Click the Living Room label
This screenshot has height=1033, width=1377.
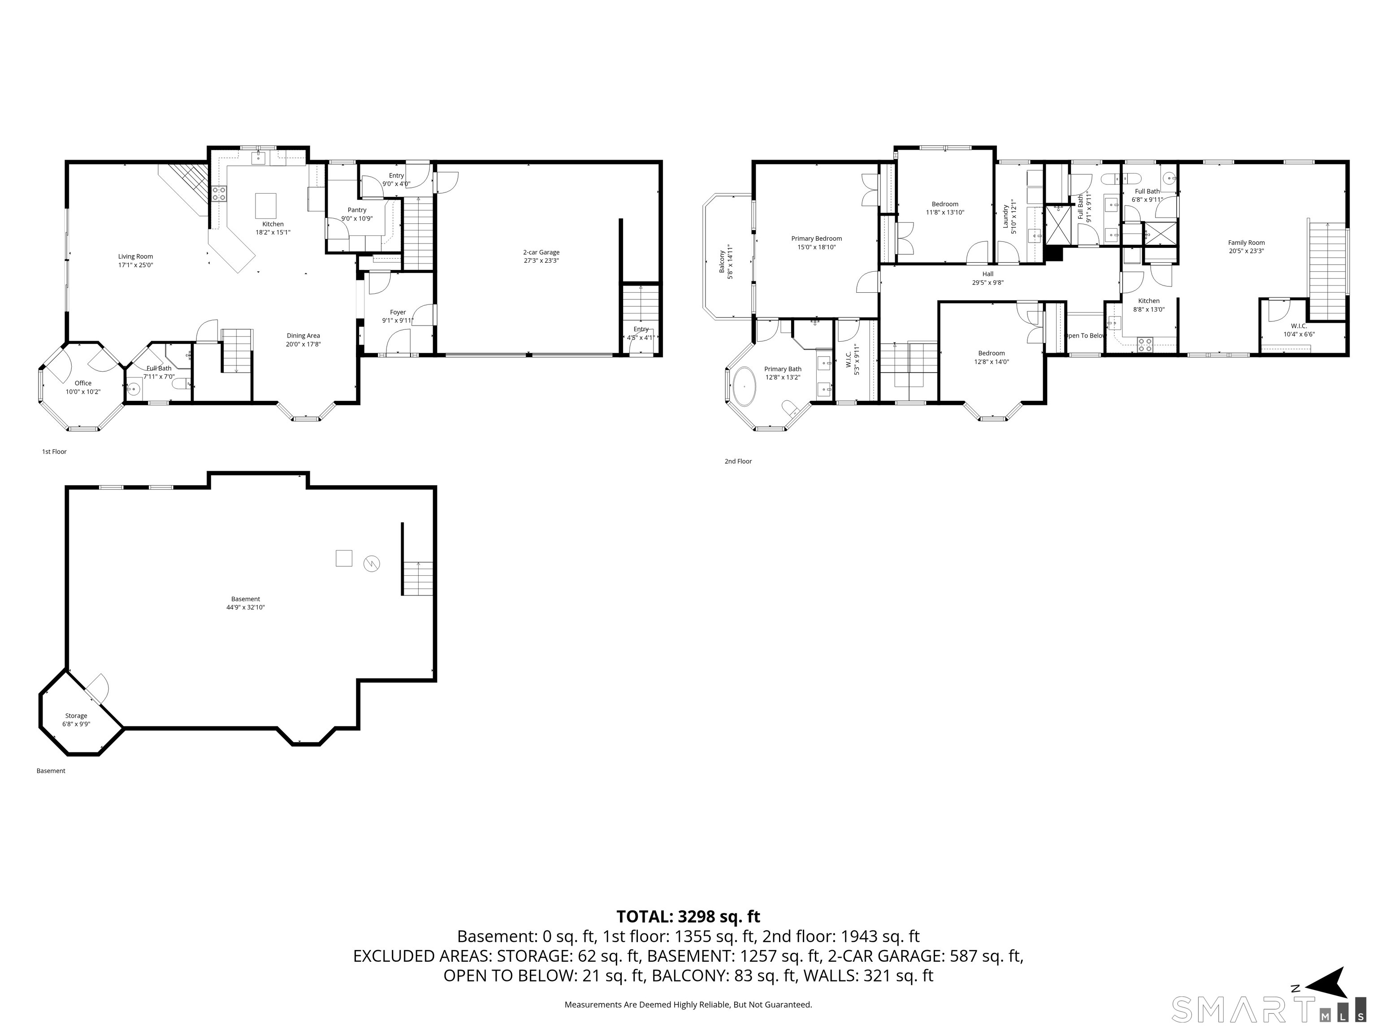click(x=136, y=256)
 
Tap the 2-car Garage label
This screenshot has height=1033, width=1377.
click(x=541, y=252)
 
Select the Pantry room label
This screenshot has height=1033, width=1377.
click(x=357, y=210)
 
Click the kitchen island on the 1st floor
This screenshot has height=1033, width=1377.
click(x=266, y=204)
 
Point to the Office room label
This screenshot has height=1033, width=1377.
click(x=83, y=383)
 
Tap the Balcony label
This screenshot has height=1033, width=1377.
click(x=722, y=261)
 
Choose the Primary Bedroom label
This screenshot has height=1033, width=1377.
click(x=816, y=239)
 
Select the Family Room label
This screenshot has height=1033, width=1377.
click(x=1246, y=243)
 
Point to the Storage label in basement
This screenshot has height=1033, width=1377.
click(x=76, y=716)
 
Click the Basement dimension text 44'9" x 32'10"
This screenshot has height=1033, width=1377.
click(x=245, y=607)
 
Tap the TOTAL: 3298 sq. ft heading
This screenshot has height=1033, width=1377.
click(x=688, y=916)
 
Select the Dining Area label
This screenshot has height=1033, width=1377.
click(x=303, y=336)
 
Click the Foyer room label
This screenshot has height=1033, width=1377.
click(x=398, y=313)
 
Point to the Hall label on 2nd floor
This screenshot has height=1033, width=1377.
click(x=988, y=274)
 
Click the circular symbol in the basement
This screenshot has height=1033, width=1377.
click(x=372, y=564)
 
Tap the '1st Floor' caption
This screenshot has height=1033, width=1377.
click(x=54, y=451)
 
